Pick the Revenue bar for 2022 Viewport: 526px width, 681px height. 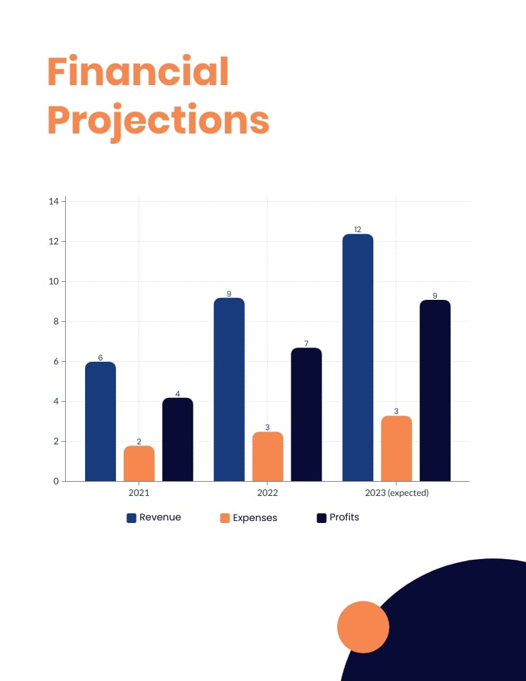(x=229, y=390)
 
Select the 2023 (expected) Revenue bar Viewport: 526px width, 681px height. (x=358, y=357)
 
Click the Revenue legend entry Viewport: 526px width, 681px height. (x=154, y=517)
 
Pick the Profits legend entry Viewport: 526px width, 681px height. (x=338, y=517)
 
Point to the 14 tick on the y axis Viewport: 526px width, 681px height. (x=54, y=201)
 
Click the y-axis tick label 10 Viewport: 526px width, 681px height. (x=54, y=281)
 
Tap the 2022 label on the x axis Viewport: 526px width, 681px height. (x=268, y=493)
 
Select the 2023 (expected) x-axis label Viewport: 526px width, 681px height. (x=396, y=493)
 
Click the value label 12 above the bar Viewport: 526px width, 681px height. (x=358, y=229)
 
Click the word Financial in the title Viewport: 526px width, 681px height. (x=138, y=72)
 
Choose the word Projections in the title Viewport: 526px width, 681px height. (x=158, y=121)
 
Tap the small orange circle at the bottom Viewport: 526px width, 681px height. (x=363, y=627)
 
